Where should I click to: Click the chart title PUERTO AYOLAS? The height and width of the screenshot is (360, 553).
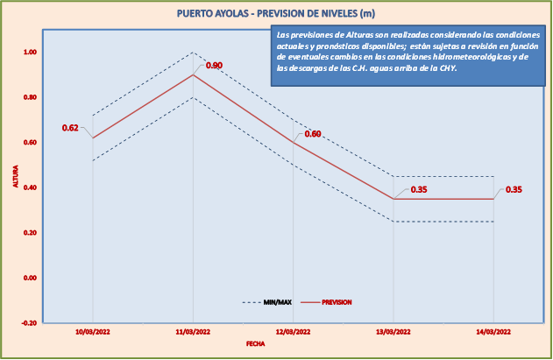[x=277, y=13]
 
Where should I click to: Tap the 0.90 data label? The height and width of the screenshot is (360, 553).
[x=214, y=65]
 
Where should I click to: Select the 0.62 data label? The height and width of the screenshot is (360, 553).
[x=70, y=128]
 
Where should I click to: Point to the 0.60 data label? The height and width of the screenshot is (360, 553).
[x=313, y=134]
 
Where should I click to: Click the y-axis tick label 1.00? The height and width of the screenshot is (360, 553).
[x=30, y=53]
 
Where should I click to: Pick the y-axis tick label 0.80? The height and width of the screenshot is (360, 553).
[x=30, y=97]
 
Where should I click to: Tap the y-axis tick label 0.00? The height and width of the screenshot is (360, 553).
[x=30, y=278]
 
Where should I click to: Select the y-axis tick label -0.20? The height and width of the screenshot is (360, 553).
[x=29, y=322]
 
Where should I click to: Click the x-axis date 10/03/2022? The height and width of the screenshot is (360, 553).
[x=92, y=332]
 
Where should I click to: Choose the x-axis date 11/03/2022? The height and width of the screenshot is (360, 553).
[x=193, y=332]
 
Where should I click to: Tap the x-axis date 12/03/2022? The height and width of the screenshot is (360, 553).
[x=293, y=332]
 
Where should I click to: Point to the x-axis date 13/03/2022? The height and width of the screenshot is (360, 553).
[x=393, y=332]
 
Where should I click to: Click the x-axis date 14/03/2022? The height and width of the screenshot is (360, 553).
[x=493, y=332]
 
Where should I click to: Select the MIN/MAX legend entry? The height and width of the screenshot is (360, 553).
[x=267, y=302]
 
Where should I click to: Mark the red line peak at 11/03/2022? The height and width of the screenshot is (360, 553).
[x=193, y=74]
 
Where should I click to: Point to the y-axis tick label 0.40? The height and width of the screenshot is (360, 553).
[x=30, y=187]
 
